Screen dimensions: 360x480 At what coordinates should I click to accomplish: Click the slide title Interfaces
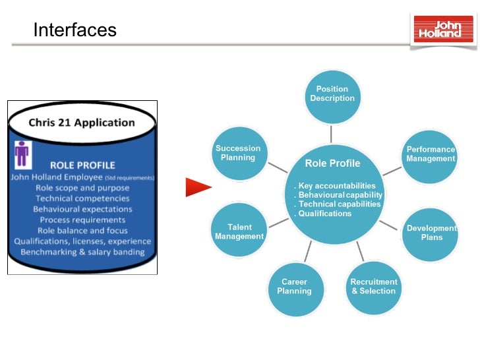pyautogui.click(x=75, y=30)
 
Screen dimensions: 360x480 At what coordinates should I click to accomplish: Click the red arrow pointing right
pyautogui.click(x=198, y=187)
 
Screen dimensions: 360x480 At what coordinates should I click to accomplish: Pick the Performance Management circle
pyautogui.click(x=430, y=154)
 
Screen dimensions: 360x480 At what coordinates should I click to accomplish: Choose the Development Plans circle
pyautogui.click(x=431, y=233)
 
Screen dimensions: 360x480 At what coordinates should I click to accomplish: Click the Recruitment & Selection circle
pyautogui.click(x=373, y=287)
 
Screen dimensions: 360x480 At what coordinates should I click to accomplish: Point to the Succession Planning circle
pyautogui.click(x=238, y=154)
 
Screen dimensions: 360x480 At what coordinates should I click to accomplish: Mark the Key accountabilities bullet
pyautogui.click(x=336, y=186)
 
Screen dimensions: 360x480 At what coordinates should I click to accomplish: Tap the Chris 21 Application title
pyautogui.click(x=82, y=123)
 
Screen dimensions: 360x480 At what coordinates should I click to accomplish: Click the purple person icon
pyautogui.click(x=23, y=154)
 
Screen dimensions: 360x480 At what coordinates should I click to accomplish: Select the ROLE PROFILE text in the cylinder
pyautogui.click(x=82, y=165)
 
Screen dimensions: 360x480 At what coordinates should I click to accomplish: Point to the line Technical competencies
pyautogui.click(x=82, y=198)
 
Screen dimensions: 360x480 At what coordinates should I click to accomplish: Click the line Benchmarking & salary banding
pyautogui.click(x=82, y=252)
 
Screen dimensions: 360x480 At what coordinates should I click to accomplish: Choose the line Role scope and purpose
pyautogui.click(x=82, y=188)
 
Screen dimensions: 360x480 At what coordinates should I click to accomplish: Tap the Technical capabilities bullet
pyautogui.click(x=338, y=204)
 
